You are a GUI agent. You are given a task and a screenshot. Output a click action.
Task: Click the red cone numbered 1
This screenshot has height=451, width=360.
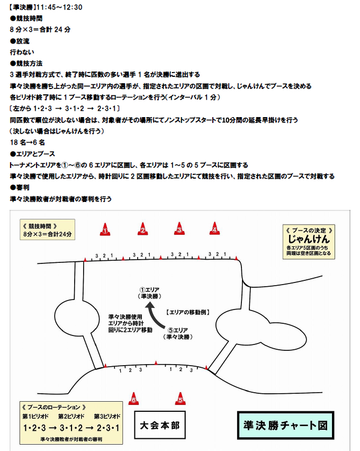tap(105, 229)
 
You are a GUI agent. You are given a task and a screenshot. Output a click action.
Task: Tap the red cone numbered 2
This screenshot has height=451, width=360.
tap(143, 229)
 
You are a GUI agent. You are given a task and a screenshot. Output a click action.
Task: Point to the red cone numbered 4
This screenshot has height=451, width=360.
tap(214, 228)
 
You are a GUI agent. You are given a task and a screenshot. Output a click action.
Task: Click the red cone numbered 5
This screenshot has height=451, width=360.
tap(180, 399)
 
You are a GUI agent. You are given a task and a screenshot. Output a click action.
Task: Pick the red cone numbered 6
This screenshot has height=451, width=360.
tap(133, 399)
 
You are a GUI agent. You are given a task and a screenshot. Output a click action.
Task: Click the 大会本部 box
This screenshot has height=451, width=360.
tap(160, 425)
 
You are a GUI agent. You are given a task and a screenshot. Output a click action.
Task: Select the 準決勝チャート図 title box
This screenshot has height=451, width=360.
tap(285, 426)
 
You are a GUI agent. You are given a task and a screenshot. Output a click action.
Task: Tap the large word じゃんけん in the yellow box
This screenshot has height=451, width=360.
tap(309, 239)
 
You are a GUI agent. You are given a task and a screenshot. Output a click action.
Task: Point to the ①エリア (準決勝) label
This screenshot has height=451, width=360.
tap(149, 293)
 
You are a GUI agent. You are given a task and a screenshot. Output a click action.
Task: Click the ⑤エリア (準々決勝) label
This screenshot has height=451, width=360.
tap(178, 334)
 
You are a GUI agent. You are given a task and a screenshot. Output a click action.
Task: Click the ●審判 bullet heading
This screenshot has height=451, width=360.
tap(20, 188)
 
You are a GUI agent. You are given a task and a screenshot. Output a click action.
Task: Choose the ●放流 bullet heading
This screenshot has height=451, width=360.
tap(20, 41)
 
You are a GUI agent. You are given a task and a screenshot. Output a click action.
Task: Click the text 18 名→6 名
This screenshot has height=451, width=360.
tap(28, 143)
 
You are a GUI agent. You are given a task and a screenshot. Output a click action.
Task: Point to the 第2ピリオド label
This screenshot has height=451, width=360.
tap(71, 416)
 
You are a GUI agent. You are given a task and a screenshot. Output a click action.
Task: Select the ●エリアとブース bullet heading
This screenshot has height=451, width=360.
tap(32, 154)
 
